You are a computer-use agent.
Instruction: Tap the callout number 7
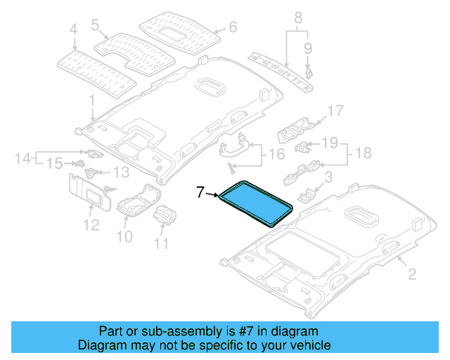point(200,191)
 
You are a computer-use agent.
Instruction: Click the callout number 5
point(95,25)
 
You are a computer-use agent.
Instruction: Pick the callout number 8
point(297,16)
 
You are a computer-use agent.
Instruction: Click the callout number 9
point(307,48)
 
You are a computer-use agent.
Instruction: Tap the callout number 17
point(335,110)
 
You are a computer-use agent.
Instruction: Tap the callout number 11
point(162,244)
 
